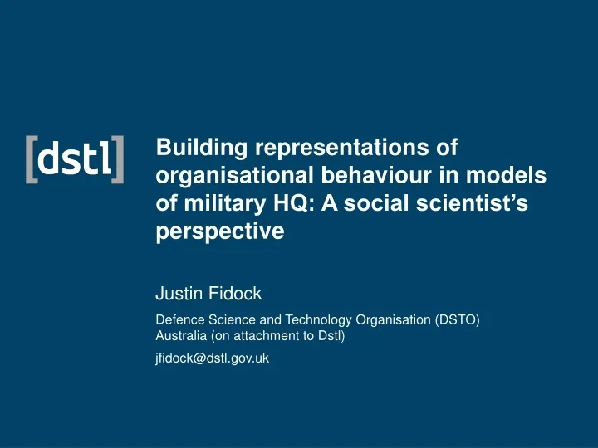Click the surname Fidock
pos(238,293)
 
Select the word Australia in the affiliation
pos(181,336)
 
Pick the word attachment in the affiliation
pos(274,336)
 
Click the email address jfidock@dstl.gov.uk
pos(212,358)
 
